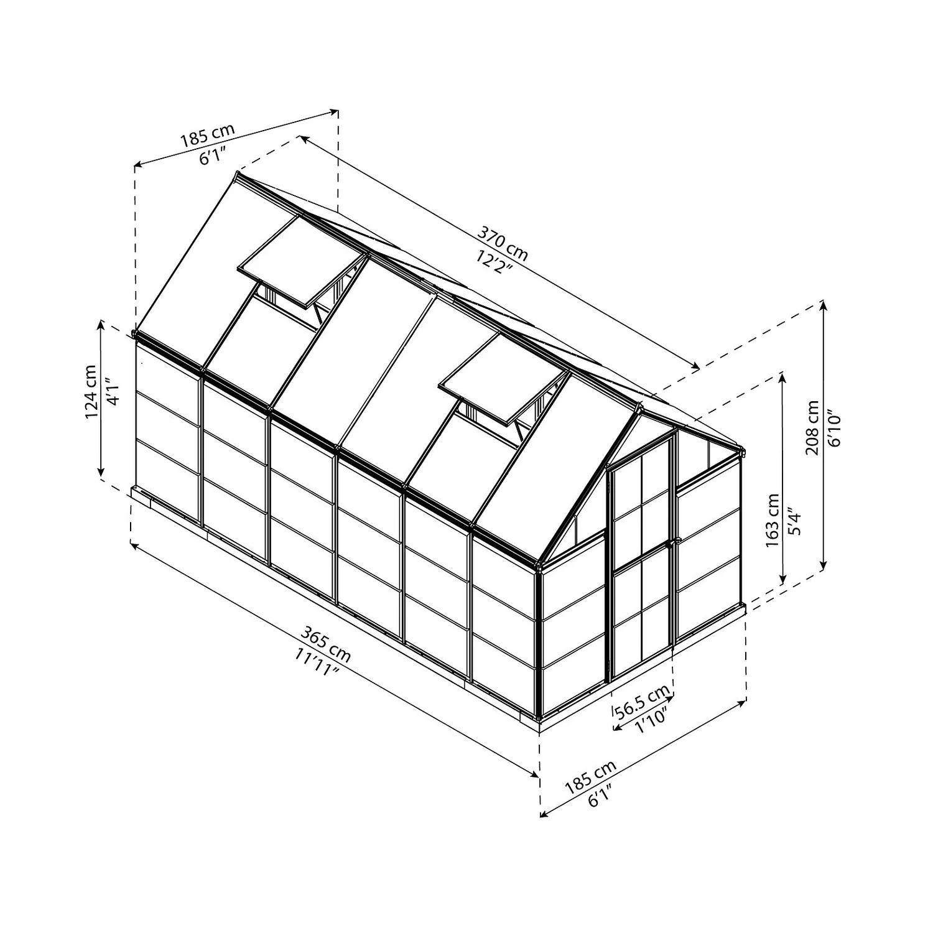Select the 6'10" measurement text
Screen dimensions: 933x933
[833, 428]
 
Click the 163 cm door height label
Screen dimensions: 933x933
[773, 520]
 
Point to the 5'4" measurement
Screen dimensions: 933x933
[794, 520]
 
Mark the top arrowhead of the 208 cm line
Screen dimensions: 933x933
[824, 305]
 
